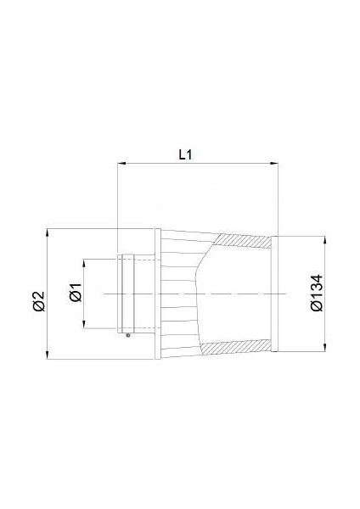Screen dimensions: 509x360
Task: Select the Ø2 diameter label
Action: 37,299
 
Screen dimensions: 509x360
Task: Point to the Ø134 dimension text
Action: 316,292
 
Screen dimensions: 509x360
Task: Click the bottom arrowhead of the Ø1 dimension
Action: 86,327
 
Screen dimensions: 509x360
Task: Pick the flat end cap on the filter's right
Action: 275,293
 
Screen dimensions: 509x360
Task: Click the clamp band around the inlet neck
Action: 128,293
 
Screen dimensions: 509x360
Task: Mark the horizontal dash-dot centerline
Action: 195,293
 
